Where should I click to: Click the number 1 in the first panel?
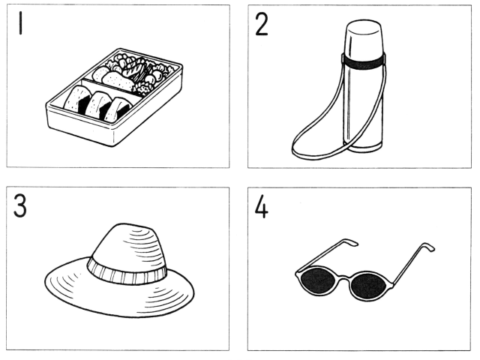pos(20,23)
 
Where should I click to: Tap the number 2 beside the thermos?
pos(262,25)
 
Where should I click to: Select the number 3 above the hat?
pos(20,206)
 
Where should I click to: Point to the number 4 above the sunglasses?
pos(262,207)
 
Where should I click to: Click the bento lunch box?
pos(114,97)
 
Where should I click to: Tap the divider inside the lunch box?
pos(112,88)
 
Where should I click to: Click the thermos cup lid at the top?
pos(364,38)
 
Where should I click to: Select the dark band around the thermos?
pos(363,60)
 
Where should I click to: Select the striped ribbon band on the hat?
pos(127,273)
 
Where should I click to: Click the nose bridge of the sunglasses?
pos(343,277)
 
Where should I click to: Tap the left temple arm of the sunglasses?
pos(325,255)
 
